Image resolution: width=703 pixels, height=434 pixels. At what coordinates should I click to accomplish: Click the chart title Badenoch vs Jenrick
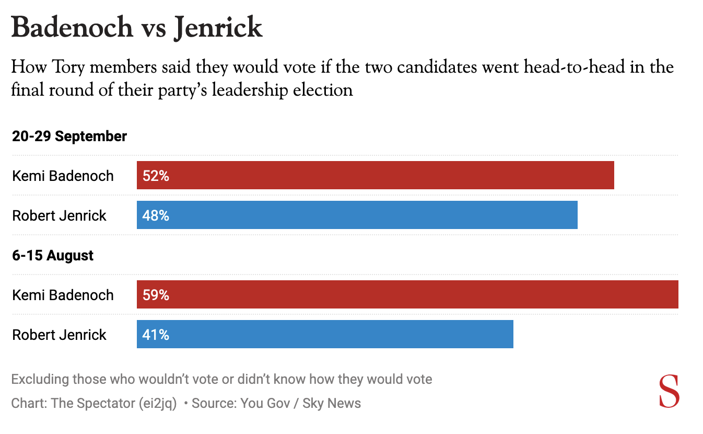(x=137, y=27)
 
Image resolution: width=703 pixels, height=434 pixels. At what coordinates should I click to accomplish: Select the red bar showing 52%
(x=375, y=175)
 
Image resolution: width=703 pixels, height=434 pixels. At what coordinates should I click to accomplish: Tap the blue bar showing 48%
(x=357, y=215)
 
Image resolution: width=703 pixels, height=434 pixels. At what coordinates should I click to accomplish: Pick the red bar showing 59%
(x=407, y=294)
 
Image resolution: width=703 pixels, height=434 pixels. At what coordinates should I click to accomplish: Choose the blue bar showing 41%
(x=325, y=334)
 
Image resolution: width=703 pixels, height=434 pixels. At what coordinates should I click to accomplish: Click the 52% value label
(x=156, y=176)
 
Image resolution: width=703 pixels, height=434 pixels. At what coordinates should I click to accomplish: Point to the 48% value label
(x=156, y=215)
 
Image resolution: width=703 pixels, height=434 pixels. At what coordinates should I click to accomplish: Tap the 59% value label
(x=156, y=295)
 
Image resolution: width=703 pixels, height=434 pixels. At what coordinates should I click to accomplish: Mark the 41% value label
(x=156, y=335)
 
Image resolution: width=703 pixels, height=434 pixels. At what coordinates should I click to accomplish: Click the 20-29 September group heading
(x=69, y=136)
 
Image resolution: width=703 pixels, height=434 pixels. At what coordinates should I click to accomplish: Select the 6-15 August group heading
(x=53, y=255)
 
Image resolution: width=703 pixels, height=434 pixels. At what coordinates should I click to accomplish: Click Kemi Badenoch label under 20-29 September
(x=63, y=176)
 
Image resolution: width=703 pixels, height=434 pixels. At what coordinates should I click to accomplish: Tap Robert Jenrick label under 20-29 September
(x=59, y=215)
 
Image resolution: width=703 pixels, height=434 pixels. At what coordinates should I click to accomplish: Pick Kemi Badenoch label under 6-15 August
(x=63, y=295)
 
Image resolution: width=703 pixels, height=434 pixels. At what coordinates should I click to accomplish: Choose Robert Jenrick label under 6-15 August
(x=59, y=335)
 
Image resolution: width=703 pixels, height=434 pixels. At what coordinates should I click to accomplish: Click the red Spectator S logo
(x=669, y=391)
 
